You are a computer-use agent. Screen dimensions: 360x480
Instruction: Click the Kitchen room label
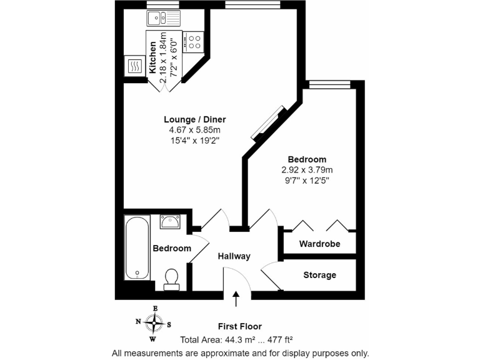(152, 58)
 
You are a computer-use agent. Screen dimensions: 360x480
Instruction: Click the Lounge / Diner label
(194, 119)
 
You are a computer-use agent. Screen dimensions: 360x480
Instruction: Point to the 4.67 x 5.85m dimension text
(194, 130)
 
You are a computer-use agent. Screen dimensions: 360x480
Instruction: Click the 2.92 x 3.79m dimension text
(307, 170)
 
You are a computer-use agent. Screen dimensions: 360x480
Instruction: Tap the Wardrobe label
(319, 244)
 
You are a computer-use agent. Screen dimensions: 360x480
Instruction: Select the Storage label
(319, 275)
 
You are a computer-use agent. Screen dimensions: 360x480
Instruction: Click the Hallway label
(234, 256)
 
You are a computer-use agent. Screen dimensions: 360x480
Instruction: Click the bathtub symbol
(137, 248)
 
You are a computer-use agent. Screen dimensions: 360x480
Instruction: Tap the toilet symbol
(171, 279)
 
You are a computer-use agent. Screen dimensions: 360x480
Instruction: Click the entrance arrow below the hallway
(236, 299)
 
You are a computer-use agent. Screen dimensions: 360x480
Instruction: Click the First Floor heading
(239, 326)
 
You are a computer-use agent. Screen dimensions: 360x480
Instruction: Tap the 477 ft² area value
(279, 340)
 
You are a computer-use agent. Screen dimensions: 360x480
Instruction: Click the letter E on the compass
(155, 308)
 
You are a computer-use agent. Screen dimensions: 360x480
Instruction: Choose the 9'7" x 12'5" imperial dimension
(307, 180)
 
